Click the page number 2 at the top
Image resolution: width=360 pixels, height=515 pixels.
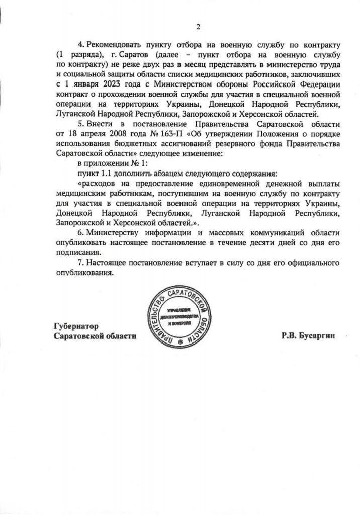click(198, 27)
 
